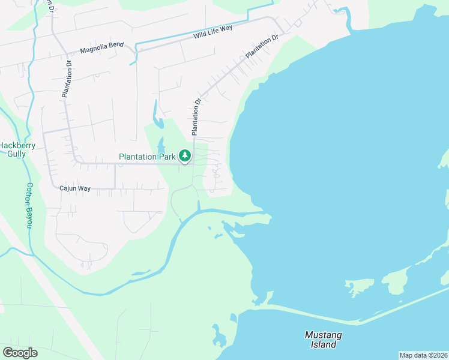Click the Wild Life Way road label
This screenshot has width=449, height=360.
212,32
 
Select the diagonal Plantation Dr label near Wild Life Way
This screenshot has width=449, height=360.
262,46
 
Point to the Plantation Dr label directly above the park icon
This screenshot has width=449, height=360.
195,116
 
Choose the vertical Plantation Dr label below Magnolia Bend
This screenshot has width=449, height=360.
66,79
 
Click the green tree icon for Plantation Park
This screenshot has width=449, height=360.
185,157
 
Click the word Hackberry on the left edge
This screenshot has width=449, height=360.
18,146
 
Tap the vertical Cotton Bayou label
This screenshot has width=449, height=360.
28,205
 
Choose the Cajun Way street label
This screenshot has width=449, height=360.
75,188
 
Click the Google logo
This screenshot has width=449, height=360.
20,353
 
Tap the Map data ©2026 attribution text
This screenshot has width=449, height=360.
423,355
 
